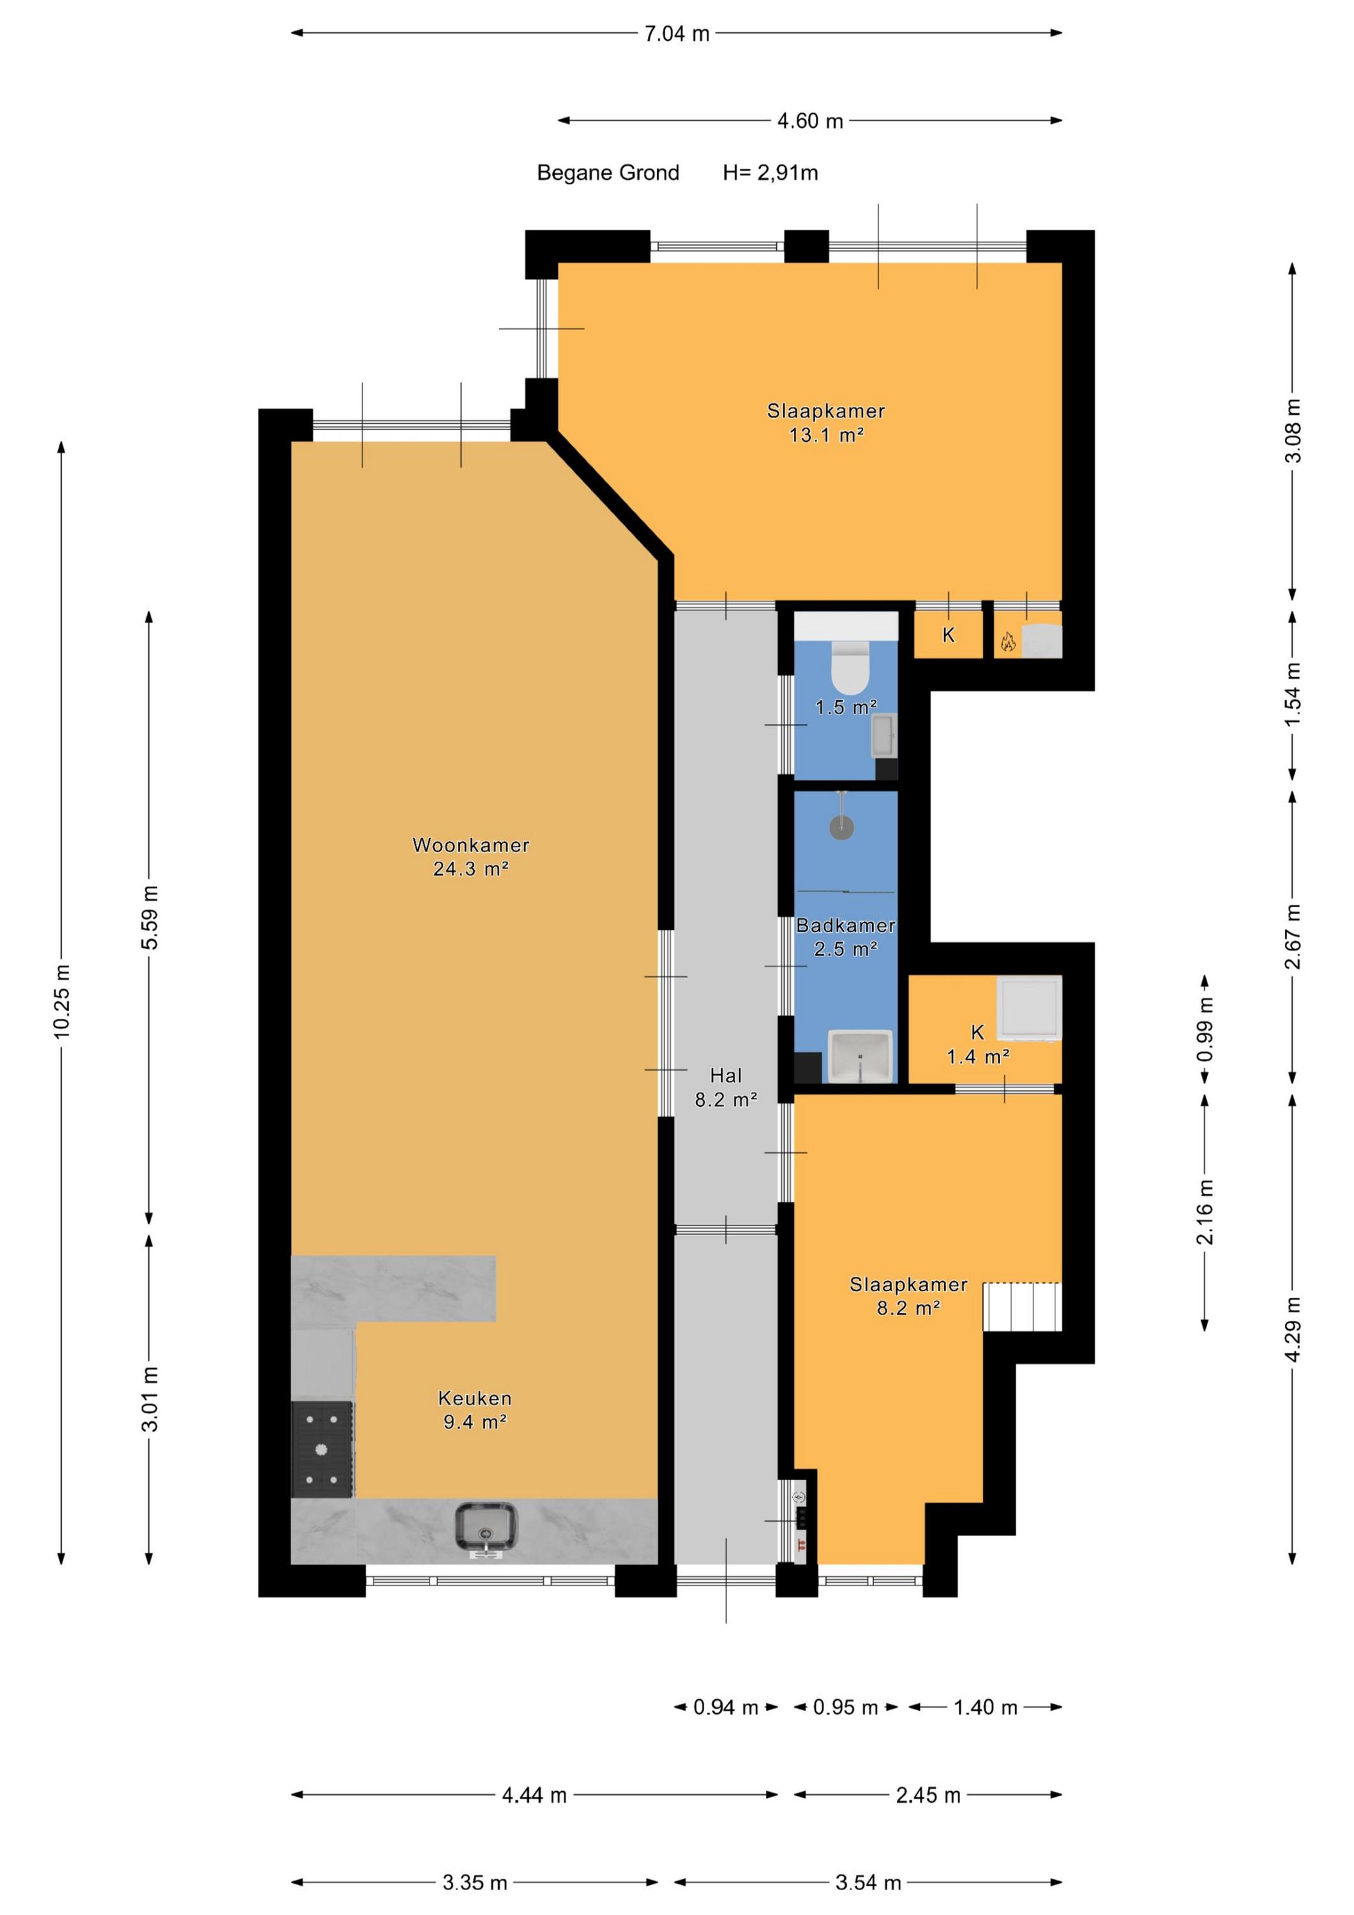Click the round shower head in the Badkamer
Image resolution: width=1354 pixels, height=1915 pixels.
(x=842, y=827)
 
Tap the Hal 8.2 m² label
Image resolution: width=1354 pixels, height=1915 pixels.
(x=726, y=1088)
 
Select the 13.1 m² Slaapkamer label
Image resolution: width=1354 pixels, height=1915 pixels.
(x=826, y=423)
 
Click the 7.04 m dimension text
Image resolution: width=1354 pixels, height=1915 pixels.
(x=677, y=33)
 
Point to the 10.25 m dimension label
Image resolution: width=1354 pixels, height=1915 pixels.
(x=62, y=1001)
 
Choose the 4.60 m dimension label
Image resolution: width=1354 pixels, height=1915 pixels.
(x=810, y=121)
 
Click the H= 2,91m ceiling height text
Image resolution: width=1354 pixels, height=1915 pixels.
(x=770, y=172)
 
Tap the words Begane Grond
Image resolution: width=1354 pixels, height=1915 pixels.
(x=608, y=172)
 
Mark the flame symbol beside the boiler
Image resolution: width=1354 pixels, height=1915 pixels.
(x=1008, y=642)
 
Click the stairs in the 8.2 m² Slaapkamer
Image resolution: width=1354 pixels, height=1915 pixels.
(x=1022, y=1306)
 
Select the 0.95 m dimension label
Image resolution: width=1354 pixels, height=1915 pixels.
(x=845, y=1708)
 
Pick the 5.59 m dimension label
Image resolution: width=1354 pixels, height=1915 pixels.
(x=149, y=917)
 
